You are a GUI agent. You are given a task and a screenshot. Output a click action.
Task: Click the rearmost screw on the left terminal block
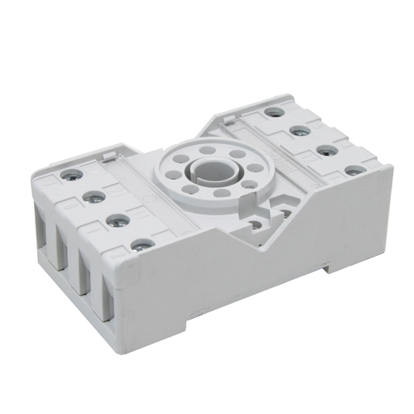coord(71,174)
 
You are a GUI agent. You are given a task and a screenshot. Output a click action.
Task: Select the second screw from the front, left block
coord(119,220)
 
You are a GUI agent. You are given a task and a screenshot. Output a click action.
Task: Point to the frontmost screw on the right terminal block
coord(354,171)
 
